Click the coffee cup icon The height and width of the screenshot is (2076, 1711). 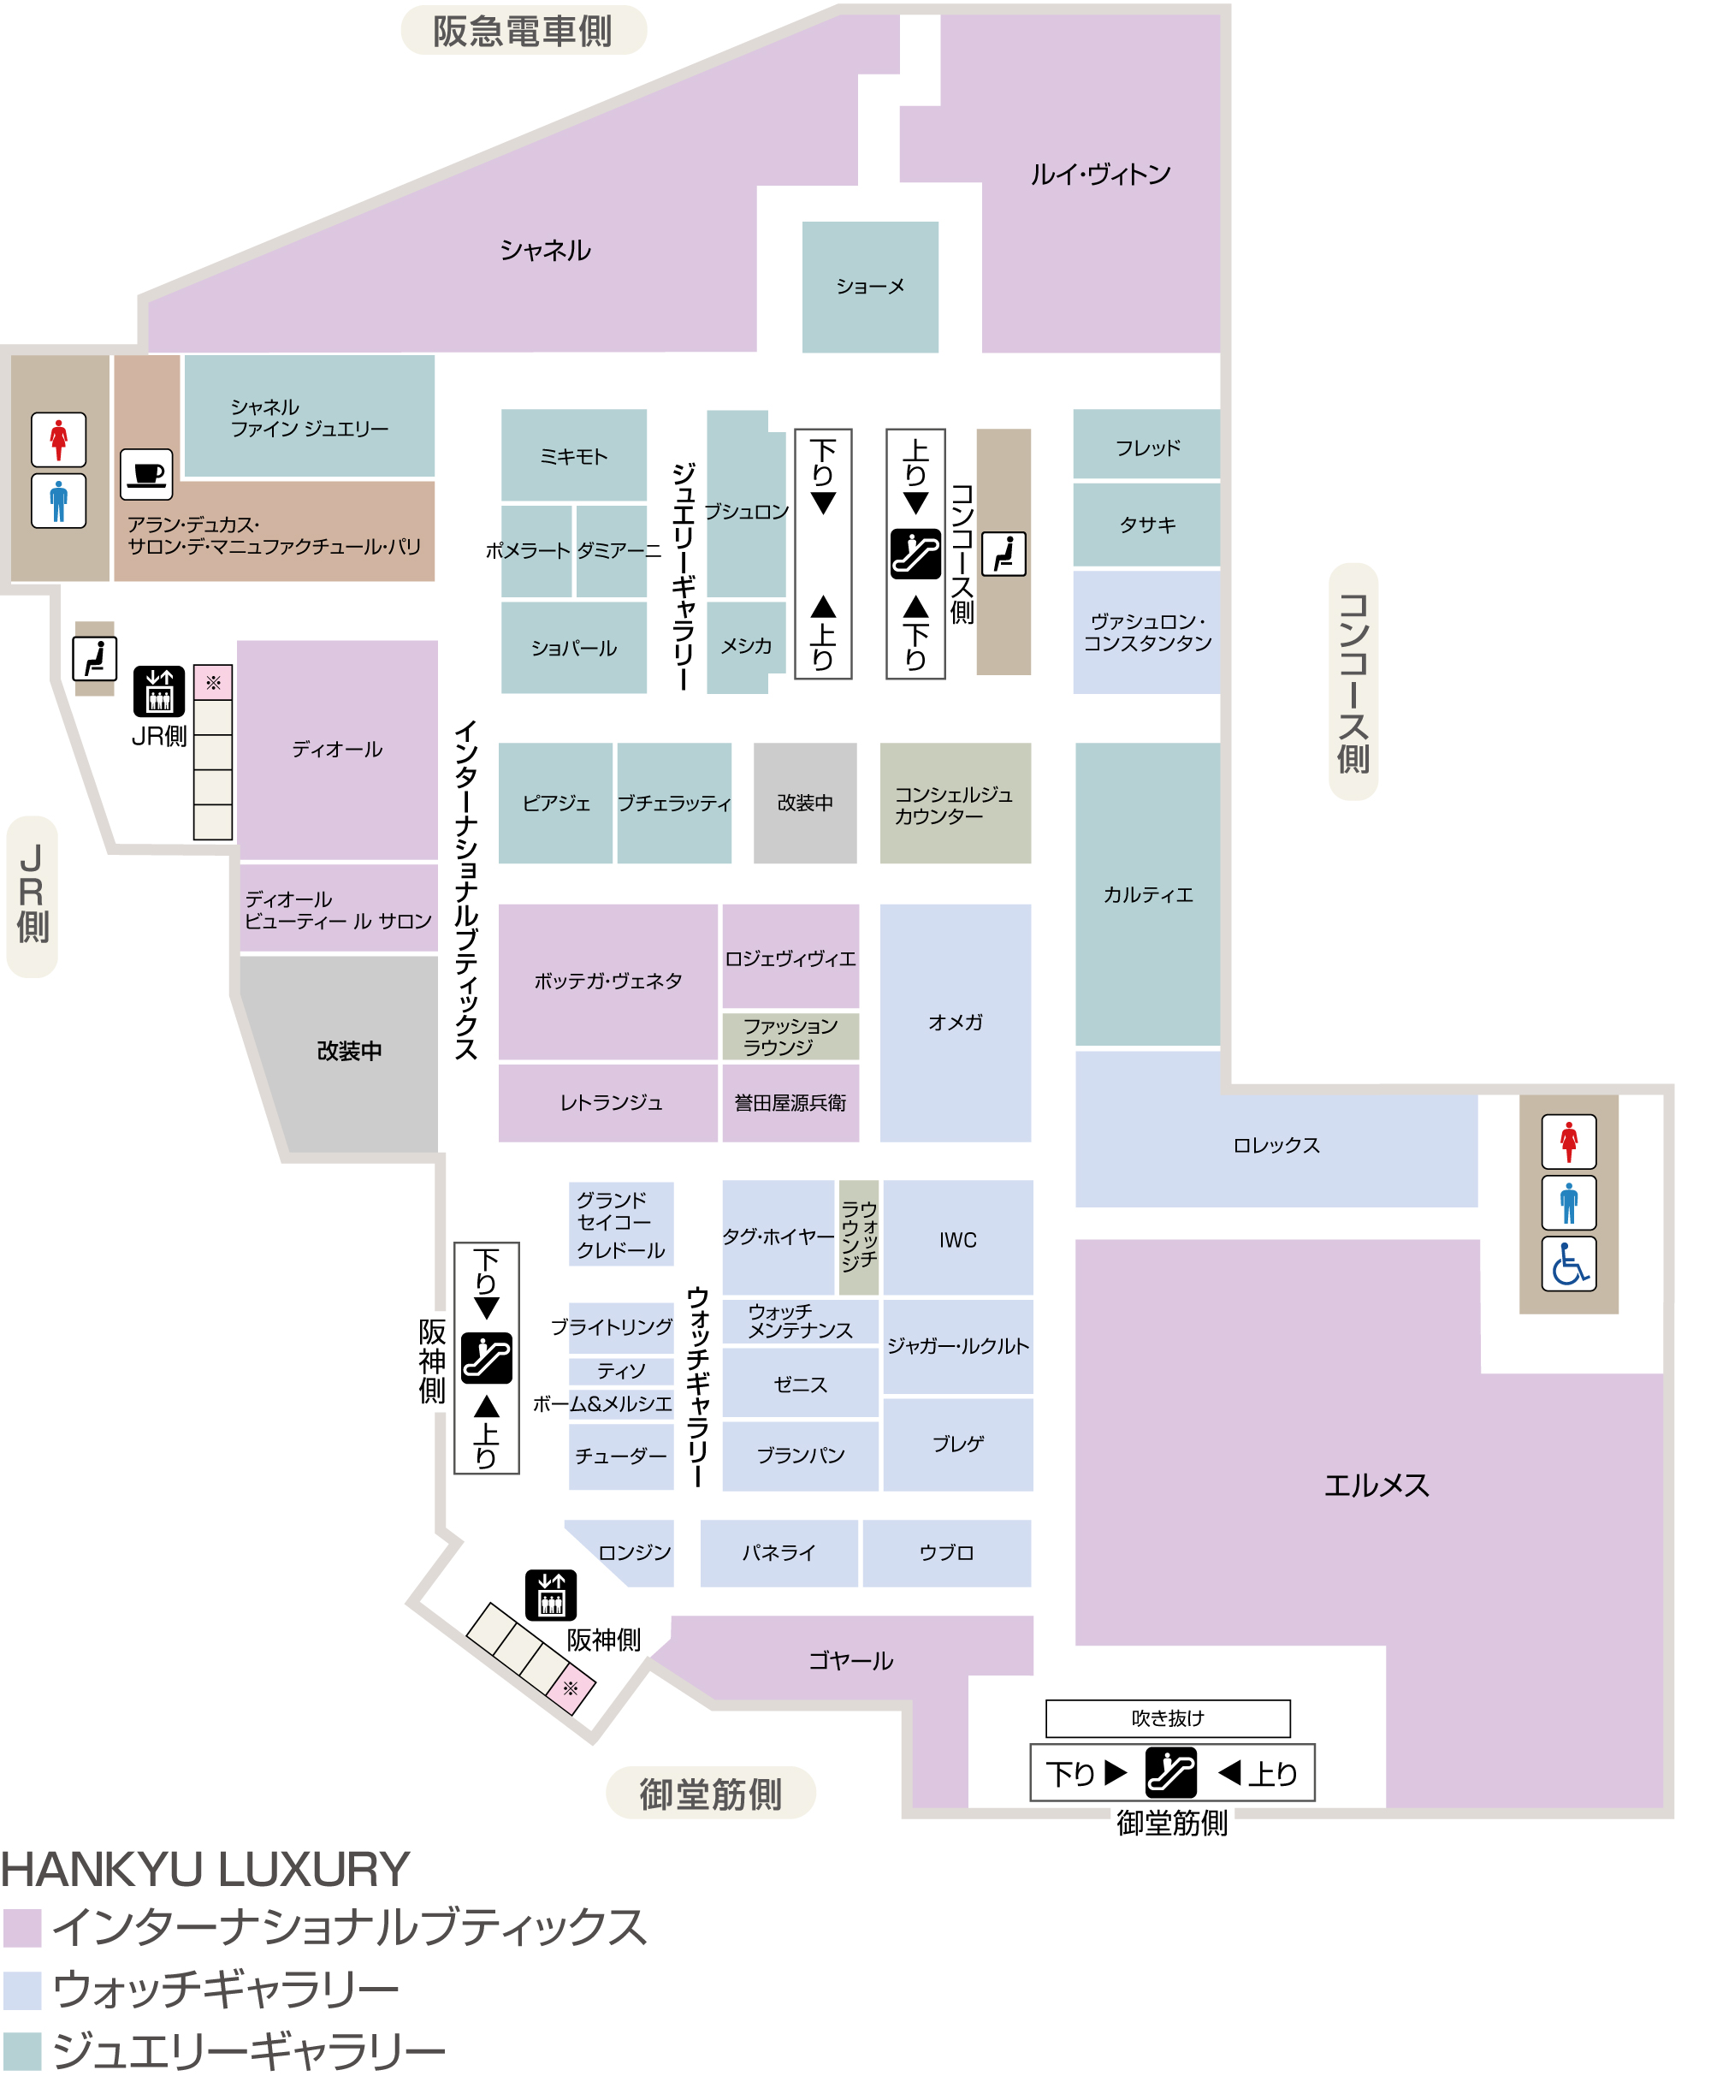pyautogui.click(x=147, y=474)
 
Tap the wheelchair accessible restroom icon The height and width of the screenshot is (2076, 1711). pyautogui.click(x=1569, y=1265)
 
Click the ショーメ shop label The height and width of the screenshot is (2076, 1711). pyautogui.click(x=870, y=287)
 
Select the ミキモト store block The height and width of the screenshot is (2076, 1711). pyautogui.click(x=574, y=455)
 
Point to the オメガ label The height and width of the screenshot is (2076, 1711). pyautogui.click(x=955, y=1023)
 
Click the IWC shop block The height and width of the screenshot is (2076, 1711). pyautogui.click(x=958, y=1238)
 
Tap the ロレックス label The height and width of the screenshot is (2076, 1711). pyautogui.click(x=1276, y=1146)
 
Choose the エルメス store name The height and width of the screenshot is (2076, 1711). pyautogui.click(x=1376, y=1486)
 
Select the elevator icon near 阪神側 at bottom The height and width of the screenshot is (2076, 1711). pyautogui.click(x=551, y=1595)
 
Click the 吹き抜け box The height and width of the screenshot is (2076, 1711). pyautogui.click(x=1168, y=1718)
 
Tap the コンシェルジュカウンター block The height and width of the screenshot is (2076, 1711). pyautogui.click(x=955, y=804)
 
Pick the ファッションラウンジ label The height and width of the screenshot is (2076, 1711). pyautogui.click(x=790, y=1037)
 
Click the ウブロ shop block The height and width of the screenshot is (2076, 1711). pyautogui.click(x=947, y=1553)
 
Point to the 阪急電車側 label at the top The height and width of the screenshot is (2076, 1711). pyautogui.click(x=523, y=31)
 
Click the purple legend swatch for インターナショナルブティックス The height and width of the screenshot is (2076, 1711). pyautogui.click(x=21, y=1928)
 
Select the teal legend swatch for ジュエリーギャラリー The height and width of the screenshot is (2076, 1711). pyautogui.click(x=21, y=2051)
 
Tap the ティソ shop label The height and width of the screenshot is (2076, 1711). pyautogui.click(x=621, y=1371)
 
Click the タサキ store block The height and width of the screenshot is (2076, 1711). pyautogui.click(x=1147, y=525)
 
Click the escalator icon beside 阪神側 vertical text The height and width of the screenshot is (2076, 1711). pyautogui.click(x=487, y=1358)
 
